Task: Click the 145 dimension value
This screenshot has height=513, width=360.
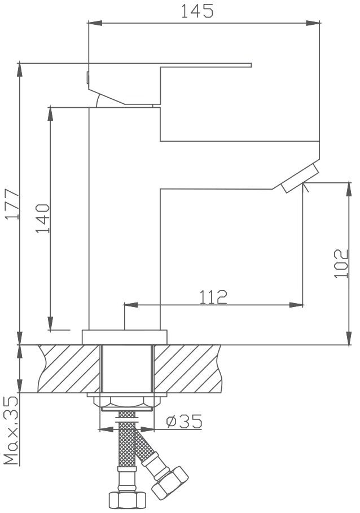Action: click(x=197, y=11)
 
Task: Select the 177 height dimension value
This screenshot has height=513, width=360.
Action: click(x=13, y=204)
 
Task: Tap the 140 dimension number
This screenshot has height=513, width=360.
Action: click(x=43, y=218)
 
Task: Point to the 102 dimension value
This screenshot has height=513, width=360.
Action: click(x=341, y=264)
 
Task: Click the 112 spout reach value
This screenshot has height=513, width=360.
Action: click(x=213, y=297)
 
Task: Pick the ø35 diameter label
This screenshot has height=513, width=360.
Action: click(x=184, y=421)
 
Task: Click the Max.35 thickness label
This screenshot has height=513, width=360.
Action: click(x=11, y=430)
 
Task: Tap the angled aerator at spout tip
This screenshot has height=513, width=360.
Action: click(x=300, y=178)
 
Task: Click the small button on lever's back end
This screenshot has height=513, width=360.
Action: click(x=87, y=77)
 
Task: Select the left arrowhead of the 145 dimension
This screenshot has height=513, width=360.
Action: click(x=95, y=23)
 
